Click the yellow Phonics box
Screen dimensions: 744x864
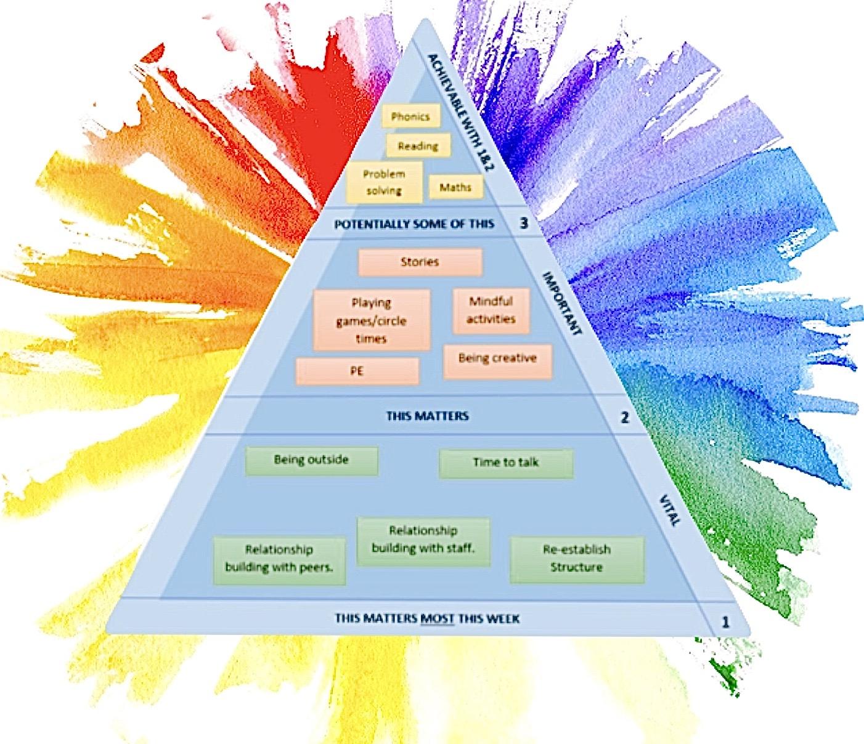(x=410, y=116)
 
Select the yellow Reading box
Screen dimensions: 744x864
(x=418, y=146)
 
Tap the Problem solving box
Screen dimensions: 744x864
(x=385, y=182)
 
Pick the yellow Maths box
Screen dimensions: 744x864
(x=455, y=187)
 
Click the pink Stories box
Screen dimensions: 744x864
(x=420, y=262)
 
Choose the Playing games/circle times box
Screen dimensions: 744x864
(x=371, y=320)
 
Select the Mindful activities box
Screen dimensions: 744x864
(x=491, y=310)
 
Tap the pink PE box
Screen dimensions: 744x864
(x=357, y=371)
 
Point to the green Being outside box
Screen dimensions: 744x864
(x=311, y=460)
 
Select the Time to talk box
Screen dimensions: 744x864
(x=506, y=463)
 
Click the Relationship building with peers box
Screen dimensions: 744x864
(x=279, y=559)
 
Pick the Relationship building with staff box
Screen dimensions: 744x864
(x=423, y=540)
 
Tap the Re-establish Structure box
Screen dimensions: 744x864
(x=577, y=559)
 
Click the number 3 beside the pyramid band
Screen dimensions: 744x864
(x=524, y=223)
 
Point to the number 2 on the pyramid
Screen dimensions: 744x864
(x=624, y=418)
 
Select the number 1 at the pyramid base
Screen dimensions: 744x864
(x=725, y=622)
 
